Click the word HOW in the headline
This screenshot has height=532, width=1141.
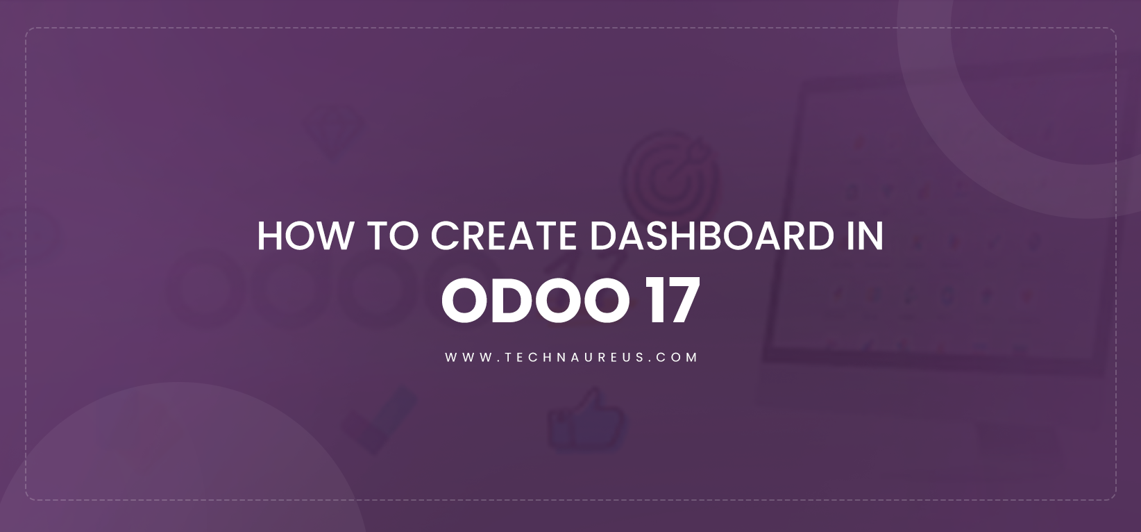tap(305, 236)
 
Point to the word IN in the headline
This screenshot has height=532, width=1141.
tap(864, 236)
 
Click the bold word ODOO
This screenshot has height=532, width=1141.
tap(535, 301)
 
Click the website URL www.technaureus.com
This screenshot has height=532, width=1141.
tap(570, 357)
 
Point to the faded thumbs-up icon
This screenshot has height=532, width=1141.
tap(585, 420)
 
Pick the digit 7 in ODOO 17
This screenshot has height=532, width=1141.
tap(682, 301)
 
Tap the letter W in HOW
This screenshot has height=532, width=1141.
tap(334, 236)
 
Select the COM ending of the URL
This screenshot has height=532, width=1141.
tap(679, 357)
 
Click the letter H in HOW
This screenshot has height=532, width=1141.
tap(269, 236)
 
